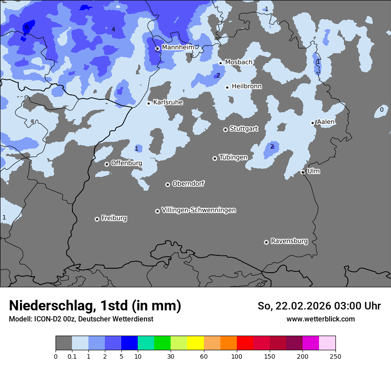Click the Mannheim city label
(x=178, y=47)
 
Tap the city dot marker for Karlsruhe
(x=149, y=103)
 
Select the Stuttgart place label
(x=243, y=129)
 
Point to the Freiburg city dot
(x=97, y=219)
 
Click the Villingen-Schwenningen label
(x=199, y=210)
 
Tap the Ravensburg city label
(x=289, y=241)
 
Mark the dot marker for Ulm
(x=303, y=172)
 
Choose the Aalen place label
(x=326, y=122)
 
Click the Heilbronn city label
(x=247, y=86)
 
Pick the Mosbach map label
(x=239, y=62)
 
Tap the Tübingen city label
(x=233, y=157)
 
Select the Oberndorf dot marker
(x=168, y=184)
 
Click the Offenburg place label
(x=126, y=163)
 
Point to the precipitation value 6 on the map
(x=27, y=27)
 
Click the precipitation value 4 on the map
(x=113, y=30)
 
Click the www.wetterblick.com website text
(x=320, y=319)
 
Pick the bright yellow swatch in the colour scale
(x=195, y=343)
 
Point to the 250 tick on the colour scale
(x=335, y=356)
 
